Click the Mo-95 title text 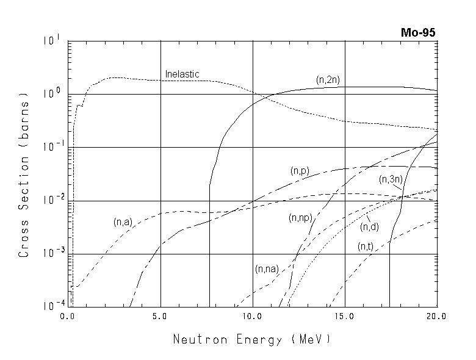click(418, 33)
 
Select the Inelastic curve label click(182, 74)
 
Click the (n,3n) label click(391, 179)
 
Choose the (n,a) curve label click(123, 222)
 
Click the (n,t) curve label click(366, 247)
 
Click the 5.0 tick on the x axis click(160, 317)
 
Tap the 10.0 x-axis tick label click(253, 317)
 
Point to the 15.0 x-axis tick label click(345, 317)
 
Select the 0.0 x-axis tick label click(68, 317)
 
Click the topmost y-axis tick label click(51, 41)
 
